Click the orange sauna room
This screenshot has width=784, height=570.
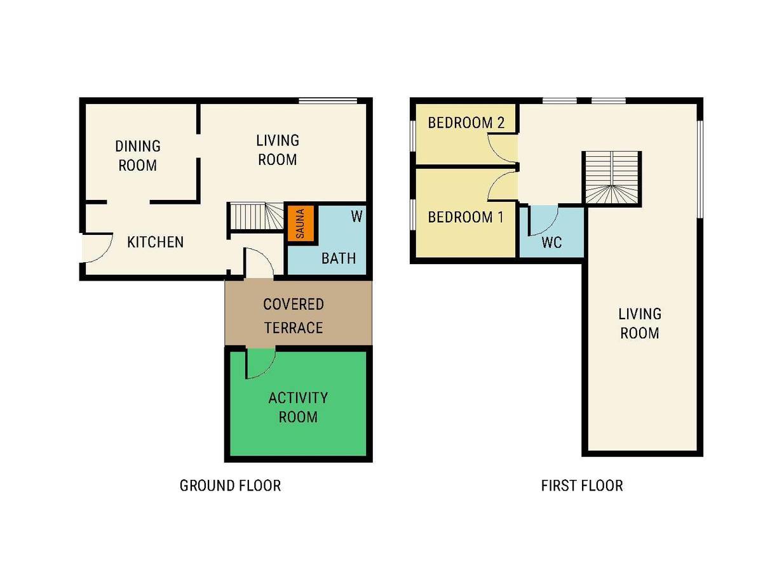click(x=301, y=223)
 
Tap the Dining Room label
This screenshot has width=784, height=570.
click(x=138, y=156)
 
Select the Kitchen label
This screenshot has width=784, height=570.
click(x=156, y=242)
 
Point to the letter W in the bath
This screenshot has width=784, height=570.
click(x=356, y=217)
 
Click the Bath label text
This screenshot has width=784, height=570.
click(x=339, y=258)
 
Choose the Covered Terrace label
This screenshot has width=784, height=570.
click(x=294, y=315)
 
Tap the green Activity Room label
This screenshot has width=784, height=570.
click(x=298, y=408)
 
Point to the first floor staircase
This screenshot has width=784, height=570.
click(x=611, y=178)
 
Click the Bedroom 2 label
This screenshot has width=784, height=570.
click(x=466, y=123)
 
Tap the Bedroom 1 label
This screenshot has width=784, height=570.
click(x=466, y=217)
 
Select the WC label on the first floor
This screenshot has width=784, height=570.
click(x=551, y=242)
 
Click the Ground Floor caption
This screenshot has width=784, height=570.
click(x=230, y=486)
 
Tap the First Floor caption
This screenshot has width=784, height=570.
click(x=582, y=486)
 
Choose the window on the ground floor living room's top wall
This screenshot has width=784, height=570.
click(x=328, y=101)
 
